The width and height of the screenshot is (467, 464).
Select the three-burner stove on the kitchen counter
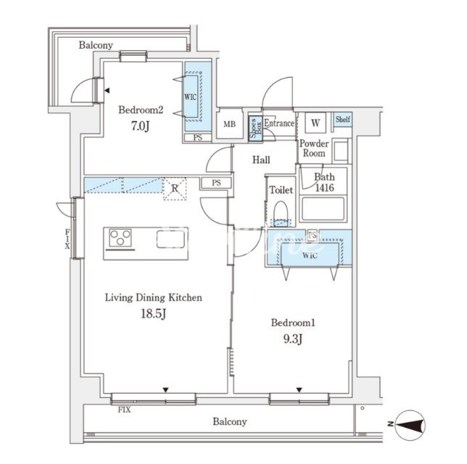coord(120,238)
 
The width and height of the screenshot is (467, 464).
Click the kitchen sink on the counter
coord(170,239)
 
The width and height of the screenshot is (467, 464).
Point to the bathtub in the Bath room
coord(323,209)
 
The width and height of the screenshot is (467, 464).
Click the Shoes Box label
coord(256,128)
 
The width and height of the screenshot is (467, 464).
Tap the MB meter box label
coord(229,124)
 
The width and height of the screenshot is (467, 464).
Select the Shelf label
coord(343,119)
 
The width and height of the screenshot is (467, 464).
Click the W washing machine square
coord(315,123)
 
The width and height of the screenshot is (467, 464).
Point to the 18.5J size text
coord(154,314)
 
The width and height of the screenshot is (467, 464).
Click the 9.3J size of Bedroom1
coord(293,339)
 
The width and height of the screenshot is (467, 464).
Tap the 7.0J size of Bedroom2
coord(140,126)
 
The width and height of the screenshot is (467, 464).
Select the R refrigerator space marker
coord(175,188)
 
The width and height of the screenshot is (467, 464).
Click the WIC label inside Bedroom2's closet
coord(190,97)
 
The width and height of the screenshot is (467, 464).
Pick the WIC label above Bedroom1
coord(310,255)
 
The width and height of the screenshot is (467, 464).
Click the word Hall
coord(261,160)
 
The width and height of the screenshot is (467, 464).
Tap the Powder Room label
coord(314,149)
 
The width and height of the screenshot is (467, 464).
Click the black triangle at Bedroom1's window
coord(299,390)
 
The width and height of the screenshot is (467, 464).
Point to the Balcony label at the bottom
coord(230,422)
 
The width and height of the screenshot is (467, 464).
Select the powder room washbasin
coord(341,152)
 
